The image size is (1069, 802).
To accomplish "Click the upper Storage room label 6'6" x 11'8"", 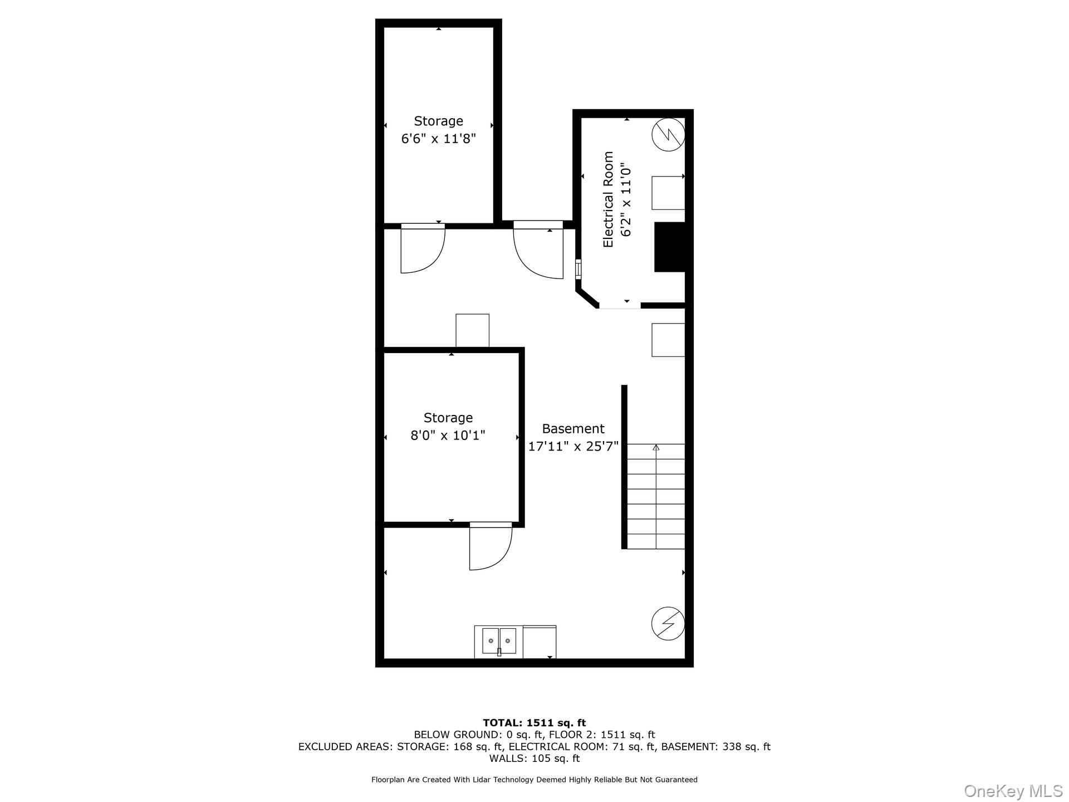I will pyautogui.click(x=439, y=138).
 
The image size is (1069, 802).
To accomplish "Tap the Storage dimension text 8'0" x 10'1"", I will pyautogui.click(x=448, y=435).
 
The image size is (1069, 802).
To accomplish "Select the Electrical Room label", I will pyautogui.click(x=609, y=199).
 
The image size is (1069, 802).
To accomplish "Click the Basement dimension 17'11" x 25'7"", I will pyautogui.click(x=573, y=446).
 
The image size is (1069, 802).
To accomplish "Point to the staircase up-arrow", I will pyautogui.click(x=656, y=447).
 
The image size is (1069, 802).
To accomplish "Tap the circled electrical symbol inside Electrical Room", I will pyautogui.click(x=668, y=134).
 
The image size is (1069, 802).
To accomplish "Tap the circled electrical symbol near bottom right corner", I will pyautogui.click(x=668, y=623).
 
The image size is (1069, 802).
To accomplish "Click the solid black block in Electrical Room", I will pyautogui.click(x=669, y=247).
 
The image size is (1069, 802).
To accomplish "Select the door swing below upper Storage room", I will pyautogui.click(x=421, y=250).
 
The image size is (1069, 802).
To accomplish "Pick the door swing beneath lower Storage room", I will pyautogui.click(x=490, y=547).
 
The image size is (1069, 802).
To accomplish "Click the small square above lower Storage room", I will pyautogui.click(x=472, y=330).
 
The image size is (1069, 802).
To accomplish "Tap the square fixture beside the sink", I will pyautogui.click(x=539, y=641).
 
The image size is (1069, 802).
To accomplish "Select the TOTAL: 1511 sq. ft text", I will pyautogui.click(x=534, y=723).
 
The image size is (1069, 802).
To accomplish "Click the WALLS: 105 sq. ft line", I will pyautogui.click(x=534, y=759).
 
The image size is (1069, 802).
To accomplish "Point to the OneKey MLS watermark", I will pyautogui.click(x=1013, y=790).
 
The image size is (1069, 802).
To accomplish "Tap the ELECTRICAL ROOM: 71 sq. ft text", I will pyautogui.click(x=582, y=747).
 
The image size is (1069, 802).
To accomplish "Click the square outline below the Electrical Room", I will pyautogui.click(x=668, y=340).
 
